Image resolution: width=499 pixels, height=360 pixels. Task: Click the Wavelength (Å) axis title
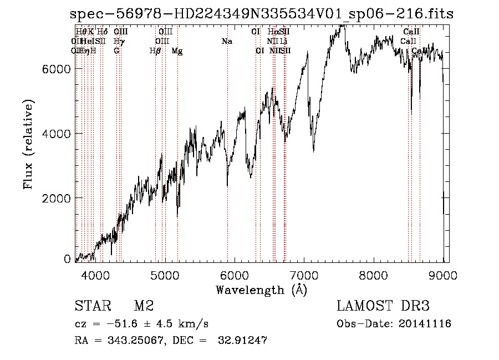coord(261,289)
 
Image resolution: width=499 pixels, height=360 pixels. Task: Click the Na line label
coord(226,42)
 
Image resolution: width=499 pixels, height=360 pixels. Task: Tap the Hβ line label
coord(155,51)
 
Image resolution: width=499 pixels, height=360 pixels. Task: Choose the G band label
coord(116,51)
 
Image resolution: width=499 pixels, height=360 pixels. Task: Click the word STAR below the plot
coord(89,306)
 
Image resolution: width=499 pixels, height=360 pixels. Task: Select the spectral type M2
coord(144,306)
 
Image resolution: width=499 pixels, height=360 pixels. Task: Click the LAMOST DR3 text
coord(383,306)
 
